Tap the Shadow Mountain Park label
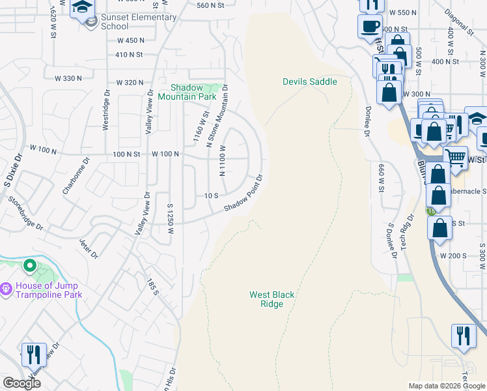(193, 92)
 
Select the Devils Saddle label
(309, 81)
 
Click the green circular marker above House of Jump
(29, 266)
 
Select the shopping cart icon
(455, 157)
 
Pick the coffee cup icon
(370, 27)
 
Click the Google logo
(21, 383)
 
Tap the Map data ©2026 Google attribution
(446, 386)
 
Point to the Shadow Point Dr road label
(244, 192)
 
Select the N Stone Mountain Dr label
(217, 115)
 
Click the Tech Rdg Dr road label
(407, 232)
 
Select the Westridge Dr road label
(106, 110)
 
